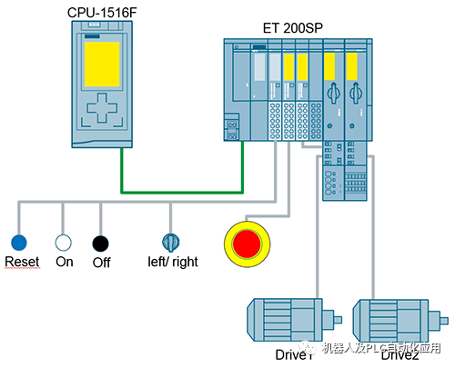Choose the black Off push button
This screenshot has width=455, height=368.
(x=100, y=242)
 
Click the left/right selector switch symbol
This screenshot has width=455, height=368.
(x=170, y=242)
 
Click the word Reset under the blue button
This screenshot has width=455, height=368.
(x=21, y=262)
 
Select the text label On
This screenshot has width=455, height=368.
(x=65, y=262)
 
